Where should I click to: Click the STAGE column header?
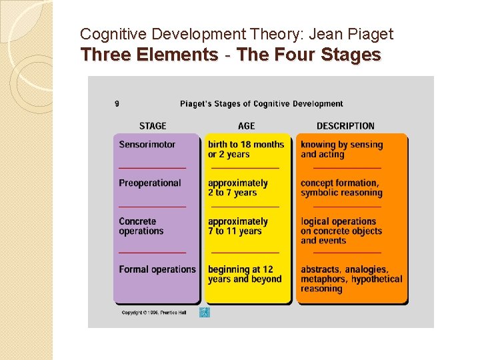[153, 126]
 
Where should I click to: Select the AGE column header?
[246, 126]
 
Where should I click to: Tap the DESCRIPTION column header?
[345, 126]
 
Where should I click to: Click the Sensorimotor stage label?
[147, 145]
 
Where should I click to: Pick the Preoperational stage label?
[150, 183]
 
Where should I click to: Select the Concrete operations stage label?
[141, 226]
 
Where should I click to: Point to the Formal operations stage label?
[157, 270]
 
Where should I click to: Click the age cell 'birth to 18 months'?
[245, 149]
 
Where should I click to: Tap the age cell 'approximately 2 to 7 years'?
[238, 188]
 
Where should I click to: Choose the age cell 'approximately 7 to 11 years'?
[238, 226]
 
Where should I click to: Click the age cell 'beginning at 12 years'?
[245, 275]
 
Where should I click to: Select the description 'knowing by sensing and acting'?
[341, 149]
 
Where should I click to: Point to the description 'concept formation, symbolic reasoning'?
[341, 188]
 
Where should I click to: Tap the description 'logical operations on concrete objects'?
[341, 231]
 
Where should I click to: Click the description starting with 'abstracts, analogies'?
[351, 279]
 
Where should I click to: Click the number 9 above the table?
[117, 104]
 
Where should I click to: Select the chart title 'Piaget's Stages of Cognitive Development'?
[261, 104]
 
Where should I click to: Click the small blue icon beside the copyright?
[205, 312]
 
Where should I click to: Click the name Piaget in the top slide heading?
[370, 34]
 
